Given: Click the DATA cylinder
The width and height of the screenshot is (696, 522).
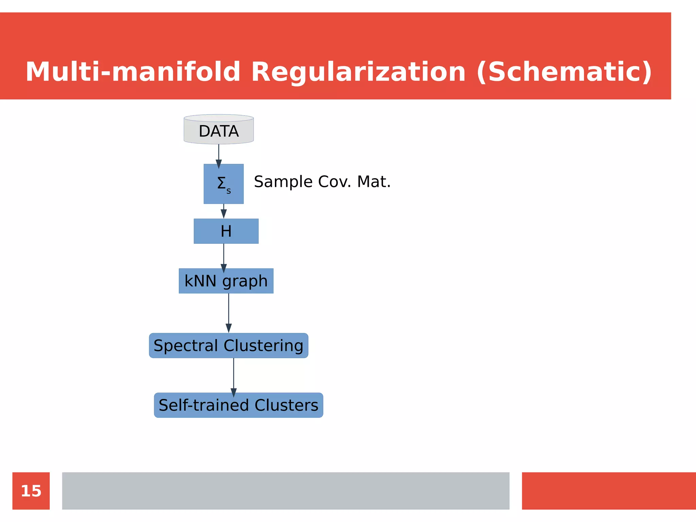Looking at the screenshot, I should [x=219, y=130].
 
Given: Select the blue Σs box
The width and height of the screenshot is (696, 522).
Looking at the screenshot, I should [x=223, y=184].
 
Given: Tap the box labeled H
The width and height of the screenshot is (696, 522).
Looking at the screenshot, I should [x=226, y=231].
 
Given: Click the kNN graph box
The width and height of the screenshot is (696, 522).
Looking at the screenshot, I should [x=226, y=281].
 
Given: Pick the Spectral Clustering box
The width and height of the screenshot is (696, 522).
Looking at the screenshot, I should [x=228, y=346].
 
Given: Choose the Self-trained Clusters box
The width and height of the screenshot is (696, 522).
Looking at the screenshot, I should [x=238, y=405].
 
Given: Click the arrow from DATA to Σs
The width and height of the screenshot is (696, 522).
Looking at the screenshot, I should [x=219, y=155].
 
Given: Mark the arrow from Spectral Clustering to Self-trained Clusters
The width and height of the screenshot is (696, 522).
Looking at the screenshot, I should [x=233, y=376].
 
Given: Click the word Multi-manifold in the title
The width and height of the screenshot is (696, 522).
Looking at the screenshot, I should [x=133, y=72].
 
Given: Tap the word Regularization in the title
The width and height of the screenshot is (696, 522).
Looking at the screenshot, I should [x=358, y=72].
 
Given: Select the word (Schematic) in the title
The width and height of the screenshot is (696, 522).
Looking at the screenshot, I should [x=564, y=72].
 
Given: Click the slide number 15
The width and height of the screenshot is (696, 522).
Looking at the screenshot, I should [x=31, y=491].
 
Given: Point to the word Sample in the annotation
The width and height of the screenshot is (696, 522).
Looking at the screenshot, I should [x=283, y=182].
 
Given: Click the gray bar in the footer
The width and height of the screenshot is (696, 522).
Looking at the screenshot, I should [x=285, y=491].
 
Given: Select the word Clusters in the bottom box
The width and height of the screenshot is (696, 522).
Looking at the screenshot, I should [x=286, y=405].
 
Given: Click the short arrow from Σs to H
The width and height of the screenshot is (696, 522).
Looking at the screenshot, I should [x=224, y=211].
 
